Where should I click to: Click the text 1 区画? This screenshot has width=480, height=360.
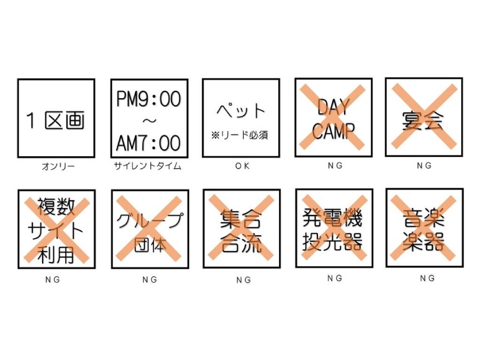(x=55, y=120)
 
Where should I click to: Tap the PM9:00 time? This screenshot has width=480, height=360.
(x=149, y=99)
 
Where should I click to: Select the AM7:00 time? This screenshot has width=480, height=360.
(x=148, y=143)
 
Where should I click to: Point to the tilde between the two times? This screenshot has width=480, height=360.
(x=149, y=121)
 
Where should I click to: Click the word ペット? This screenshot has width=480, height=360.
(x=241, y=110)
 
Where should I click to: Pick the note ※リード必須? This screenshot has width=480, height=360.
(x=239, y=135)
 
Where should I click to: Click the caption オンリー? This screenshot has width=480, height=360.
(x=58, y=166)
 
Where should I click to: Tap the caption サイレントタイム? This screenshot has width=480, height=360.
(x=148, y=166)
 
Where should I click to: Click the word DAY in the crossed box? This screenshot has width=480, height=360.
(x=333, y=107)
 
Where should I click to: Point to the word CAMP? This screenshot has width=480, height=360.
(x=333, y=131)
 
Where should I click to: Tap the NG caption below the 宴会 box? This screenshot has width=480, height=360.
(x=425, y=166)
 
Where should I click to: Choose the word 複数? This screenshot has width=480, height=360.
(x=56, y=206)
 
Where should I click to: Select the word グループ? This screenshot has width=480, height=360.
(x=150, y=220)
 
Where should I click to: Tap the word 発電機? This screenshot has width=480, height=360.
(x=333, y=218)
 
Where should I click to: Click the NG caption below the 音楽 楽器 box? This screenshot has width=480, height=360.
(x=427, y=278)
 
